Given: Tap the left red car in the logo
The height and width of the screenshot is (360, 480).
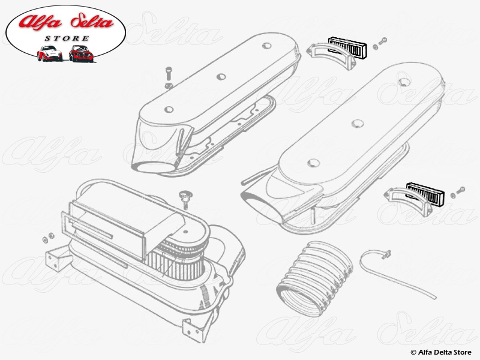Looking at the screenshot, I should coord(49,54).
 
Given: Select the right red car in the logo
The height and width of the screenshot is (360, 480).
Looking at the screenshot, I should coord(81,54).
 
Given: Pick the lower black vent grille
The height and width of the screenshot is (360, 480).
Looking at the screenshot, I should coord(424,192).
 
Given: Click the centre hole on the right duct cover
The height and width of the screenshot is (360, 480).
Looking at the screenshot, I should coord(358,123).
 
